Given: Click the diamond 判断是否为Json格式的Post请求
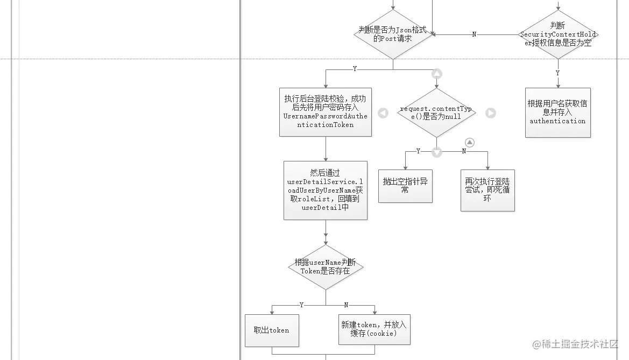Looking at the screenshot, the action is click(393, 34).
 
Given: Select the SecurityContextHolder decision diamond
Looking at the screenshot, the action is click(558, 34).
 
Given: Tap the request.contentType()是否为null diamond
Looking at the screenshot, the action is click(436, 113).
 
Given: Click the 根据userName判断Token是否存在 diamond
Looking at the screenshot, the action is click(326, 267).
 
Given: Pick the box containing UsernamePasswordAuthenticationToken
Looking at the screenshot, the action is click(326, 112).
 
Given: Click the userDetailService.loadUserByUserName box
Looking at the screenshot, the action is click(326, 190).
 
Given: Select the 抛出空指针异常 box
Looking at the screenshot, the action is click(405, 186).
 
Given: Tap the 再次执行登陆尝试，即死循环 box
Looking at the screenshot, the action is click(487, 190).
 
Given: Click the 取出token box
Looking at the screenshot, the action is click(272, 330).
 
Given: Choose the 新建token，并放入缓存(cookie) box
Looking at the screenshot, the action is click(374, 329).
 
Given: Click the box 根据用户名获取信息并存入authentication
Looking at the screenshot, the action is click(558, 112).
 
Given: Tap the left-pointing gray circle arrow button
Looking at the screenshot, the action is click(383, 113).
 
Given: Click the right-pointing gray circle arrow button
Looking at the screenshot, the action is click(491, 113).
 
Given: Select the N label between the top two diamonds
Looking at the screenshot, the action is click(474, 34).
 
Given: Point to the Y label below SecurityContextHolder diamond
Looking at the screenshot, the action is click(557, 73).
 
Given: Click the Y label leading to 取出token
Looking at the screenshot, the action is click(302, 305).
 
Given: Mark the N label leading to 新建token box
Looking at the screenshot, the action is click(346, 305).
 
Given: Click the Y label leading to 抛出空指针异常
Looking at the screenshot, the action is click(419, 151).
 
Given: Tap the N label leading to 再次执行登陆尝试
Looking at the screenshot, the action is click(464, 151).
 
